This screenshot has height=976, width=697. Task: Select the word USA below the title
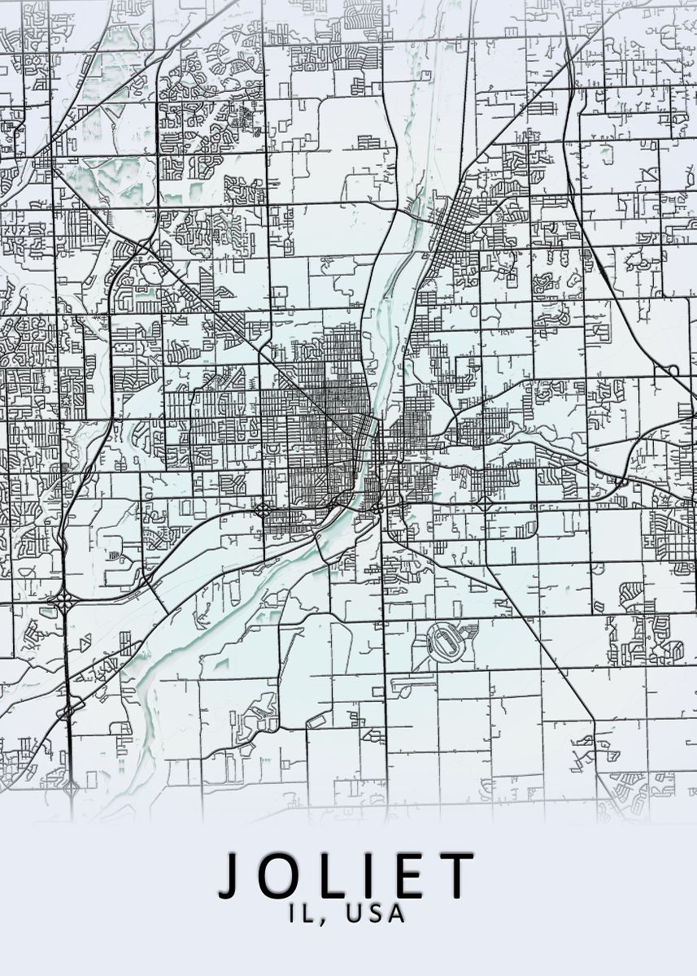tap(376, 913)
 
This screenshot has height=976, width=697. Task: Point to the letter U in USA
tap(354, 913)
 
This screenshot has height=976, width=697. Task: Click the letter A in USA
tap(397, 913)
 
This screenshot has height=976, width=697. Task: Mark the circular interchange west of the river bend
tap(264, 511)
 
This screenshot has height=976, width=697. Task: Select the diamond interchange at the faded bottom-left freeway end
tap(72, 787)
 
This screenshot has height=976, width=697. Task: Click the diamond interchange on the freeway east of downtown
tap(485, 504)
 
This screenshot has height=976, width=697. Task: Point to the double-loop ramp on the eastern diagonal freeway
tap(672, 371)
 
